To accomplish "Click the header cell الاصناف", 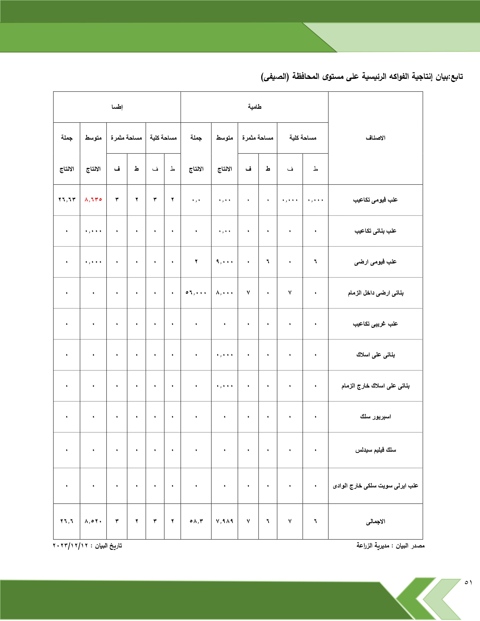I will pyautogui.click(x=375, y=138).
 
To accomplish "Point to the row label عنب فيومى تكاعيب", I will pyautogui.click(x=375, y=200).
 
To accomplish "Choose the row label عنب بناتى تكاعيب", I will pyautogui.click(x=375, y=231).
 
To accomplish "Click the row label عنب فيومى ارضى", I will pyautogui.click(x=375, y=262).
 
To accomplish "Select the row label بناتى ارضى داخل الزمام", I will pyautogui.click(x=375, y=293).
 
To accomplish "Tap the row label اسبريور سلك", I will pyautogui.click(x=375, y=417).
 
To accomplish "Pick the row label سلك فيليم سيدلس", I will pyautogui.click(x=375, y=450).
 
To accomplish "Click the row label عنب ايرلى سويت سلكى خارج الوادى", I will pyautogui.click(x=375, y=486).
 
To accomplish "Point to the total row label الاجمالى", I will pyautogui.click(x=375, y=521).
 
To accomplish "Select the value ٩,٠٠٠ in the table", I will pyautogui.click(x=224, y=262).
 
